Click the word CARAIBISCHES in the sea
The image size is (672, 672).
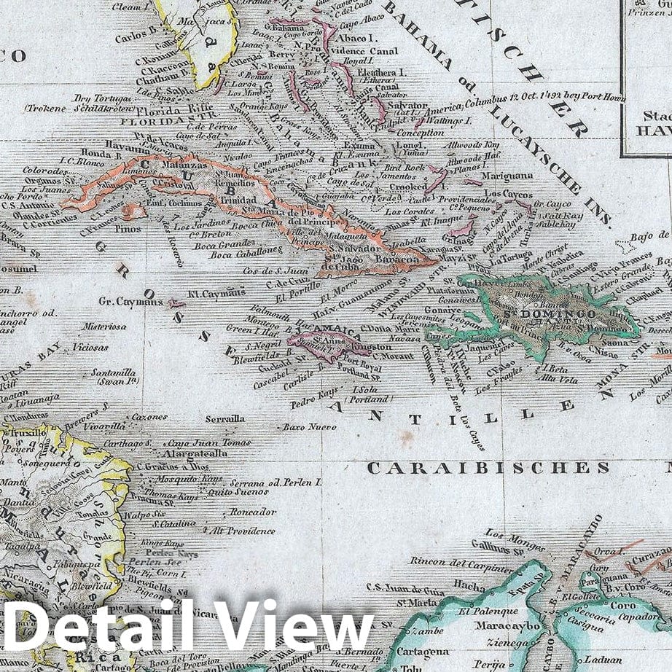tap(488, 468)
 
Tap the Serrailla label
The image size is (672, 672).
tap(225, 419)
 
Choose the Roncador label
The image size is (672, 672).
tap(253, 512)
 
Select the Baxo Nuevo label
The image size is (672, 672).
tap(305, 426)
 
